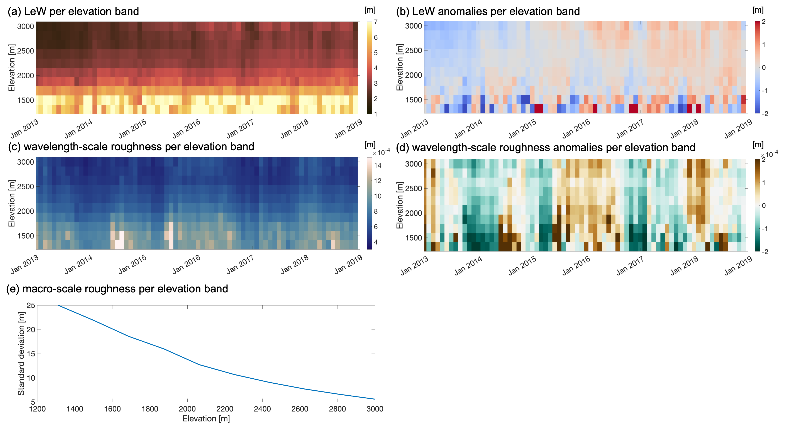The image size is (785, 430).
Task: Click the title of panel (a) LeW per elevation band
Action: [x=73, y=12]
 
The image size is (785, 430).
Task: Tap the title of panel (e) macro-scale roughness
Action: [x=117, y=289]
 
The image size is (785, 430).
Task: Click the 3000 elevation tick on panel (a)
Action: [x=25, y=27]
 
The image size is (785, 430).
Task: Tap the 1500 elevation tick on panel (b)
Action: [x=413, y=100]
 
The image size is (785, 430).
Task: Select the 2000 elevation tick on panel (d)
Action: [x=413, y=213]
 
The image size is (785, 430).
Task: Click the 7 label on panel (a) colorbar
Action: [x=376, y=22]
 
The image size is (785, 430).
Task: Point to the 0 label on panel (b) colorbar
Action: [x=764, y=68]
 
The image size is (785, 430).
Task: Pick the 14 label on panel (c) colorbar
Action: [x=378, y=165]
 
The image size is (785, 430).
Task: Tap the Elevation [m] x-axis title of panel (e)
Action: [x=206, y=419]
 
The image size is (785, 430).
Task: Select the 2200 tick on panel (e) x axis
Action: [x=225, y=409]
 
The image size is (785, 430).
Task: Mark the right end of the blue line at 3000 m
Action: [x=375, y=399]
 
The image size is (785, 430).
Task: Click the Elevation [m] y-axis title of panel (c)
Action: [x=12, y=203]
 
